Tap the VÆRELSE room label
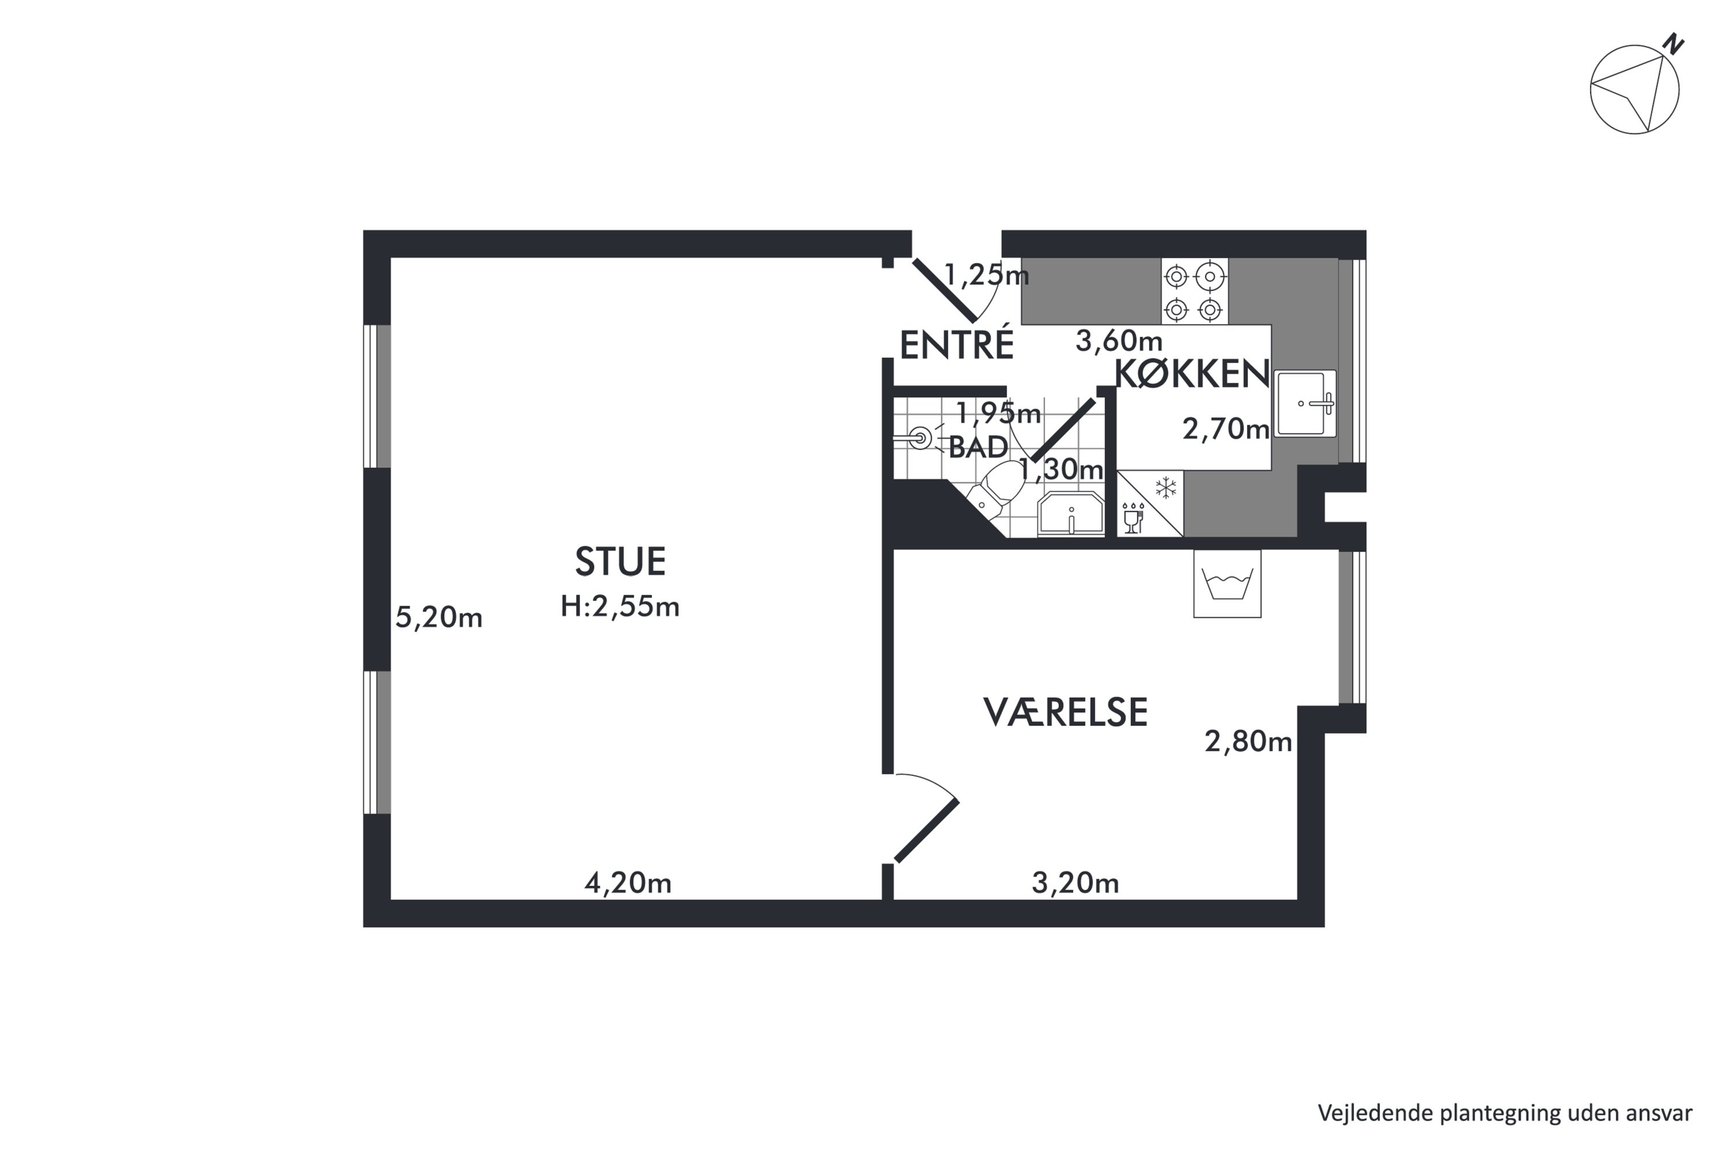click(1065, 712)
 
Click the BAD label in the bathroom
click(979, 447)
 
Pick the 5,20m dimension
click(439, 617)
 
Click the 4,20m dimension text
click(628, 882)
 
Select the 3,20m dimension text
click(1075, 882)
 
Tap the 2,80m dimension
click(1248, 741)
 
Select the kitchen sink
click(1305, 403)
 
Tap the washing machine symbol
click(1227, 584)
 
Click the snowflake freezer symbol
click(1166, 487)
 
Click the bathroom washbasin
click(1070, 514)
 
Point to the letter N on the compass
click(1674, 44)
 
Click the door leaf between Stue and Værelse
click(926, 831)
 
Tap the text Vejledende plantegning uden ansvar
click(1505, 1113)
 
